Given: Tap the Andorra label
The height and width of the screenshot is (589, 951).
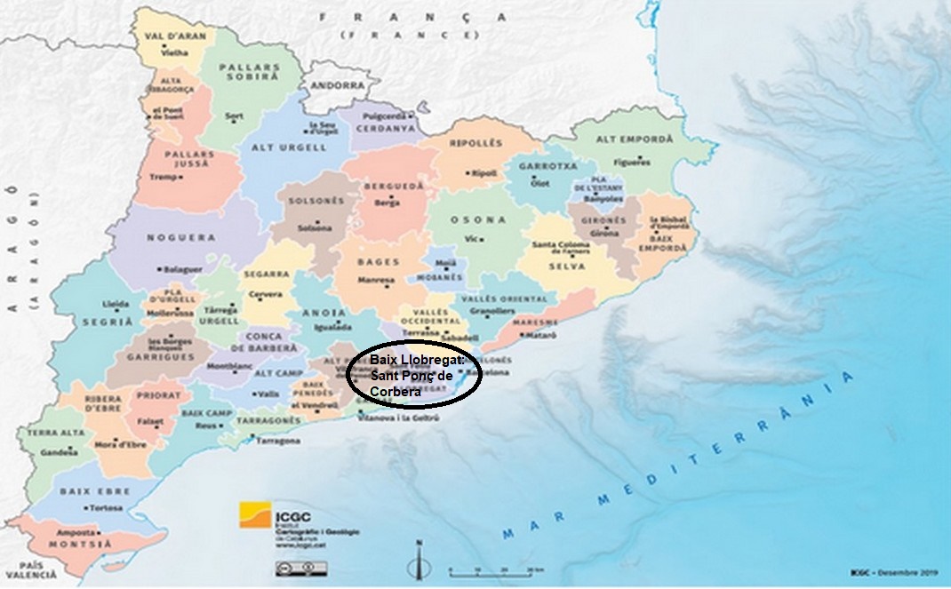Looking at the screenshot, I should point(338,85).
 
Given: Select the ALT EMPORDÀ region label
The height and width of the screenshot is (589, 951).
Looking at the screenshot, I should point(619,139).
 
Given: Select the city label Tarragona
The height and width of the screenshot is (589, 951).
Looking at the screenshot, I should point(275,440).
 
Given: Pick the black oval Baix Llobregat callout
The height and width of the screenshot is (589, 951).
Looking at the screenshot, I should point(413,375).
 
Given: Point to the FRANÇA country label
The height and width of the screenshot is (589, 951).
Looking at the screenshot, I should point(412,17).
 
